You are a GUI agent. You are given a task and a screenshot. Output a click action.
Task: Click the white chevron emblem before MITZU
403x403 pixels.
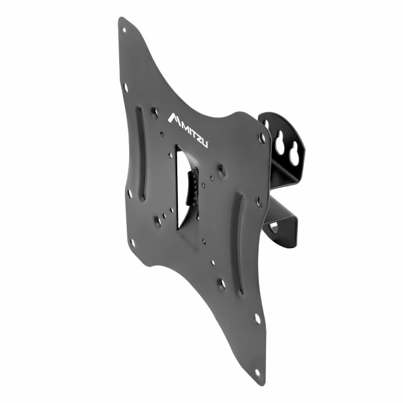pos(174,119)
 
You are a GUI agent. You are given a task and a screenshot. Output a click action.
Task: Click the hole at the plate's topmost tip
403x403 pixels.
pos(124,31)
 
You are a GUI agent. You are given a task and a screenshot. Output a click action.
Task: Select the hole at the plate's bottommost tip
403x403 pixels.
pos(257,372)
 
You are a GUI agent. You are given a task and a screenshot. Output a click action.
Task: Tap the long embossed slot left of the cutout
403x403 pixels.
pos(141,154)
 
